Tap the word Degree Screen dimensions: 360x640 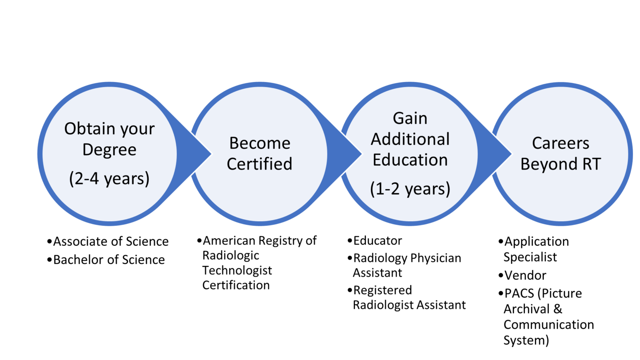pos(109,150)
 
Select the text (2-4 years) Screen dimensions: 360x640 pos(109,179)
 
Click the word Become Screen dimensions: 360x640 pos(260,143)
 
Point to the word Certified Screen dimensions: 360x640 pos(260,164)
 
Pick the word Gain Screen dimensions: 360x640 pos(410,118)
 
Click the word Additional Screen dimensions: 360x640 pos(410,139)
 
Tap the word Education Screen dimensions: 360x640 pos(410,160)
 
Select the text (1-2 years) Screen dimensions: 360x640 pos(410,189)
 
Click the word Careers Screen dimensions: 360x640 pos(560,143)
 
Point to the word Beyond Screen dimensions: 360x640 pos(544,164)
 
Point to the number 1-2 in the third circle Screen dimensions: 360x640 pos(387,189)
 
